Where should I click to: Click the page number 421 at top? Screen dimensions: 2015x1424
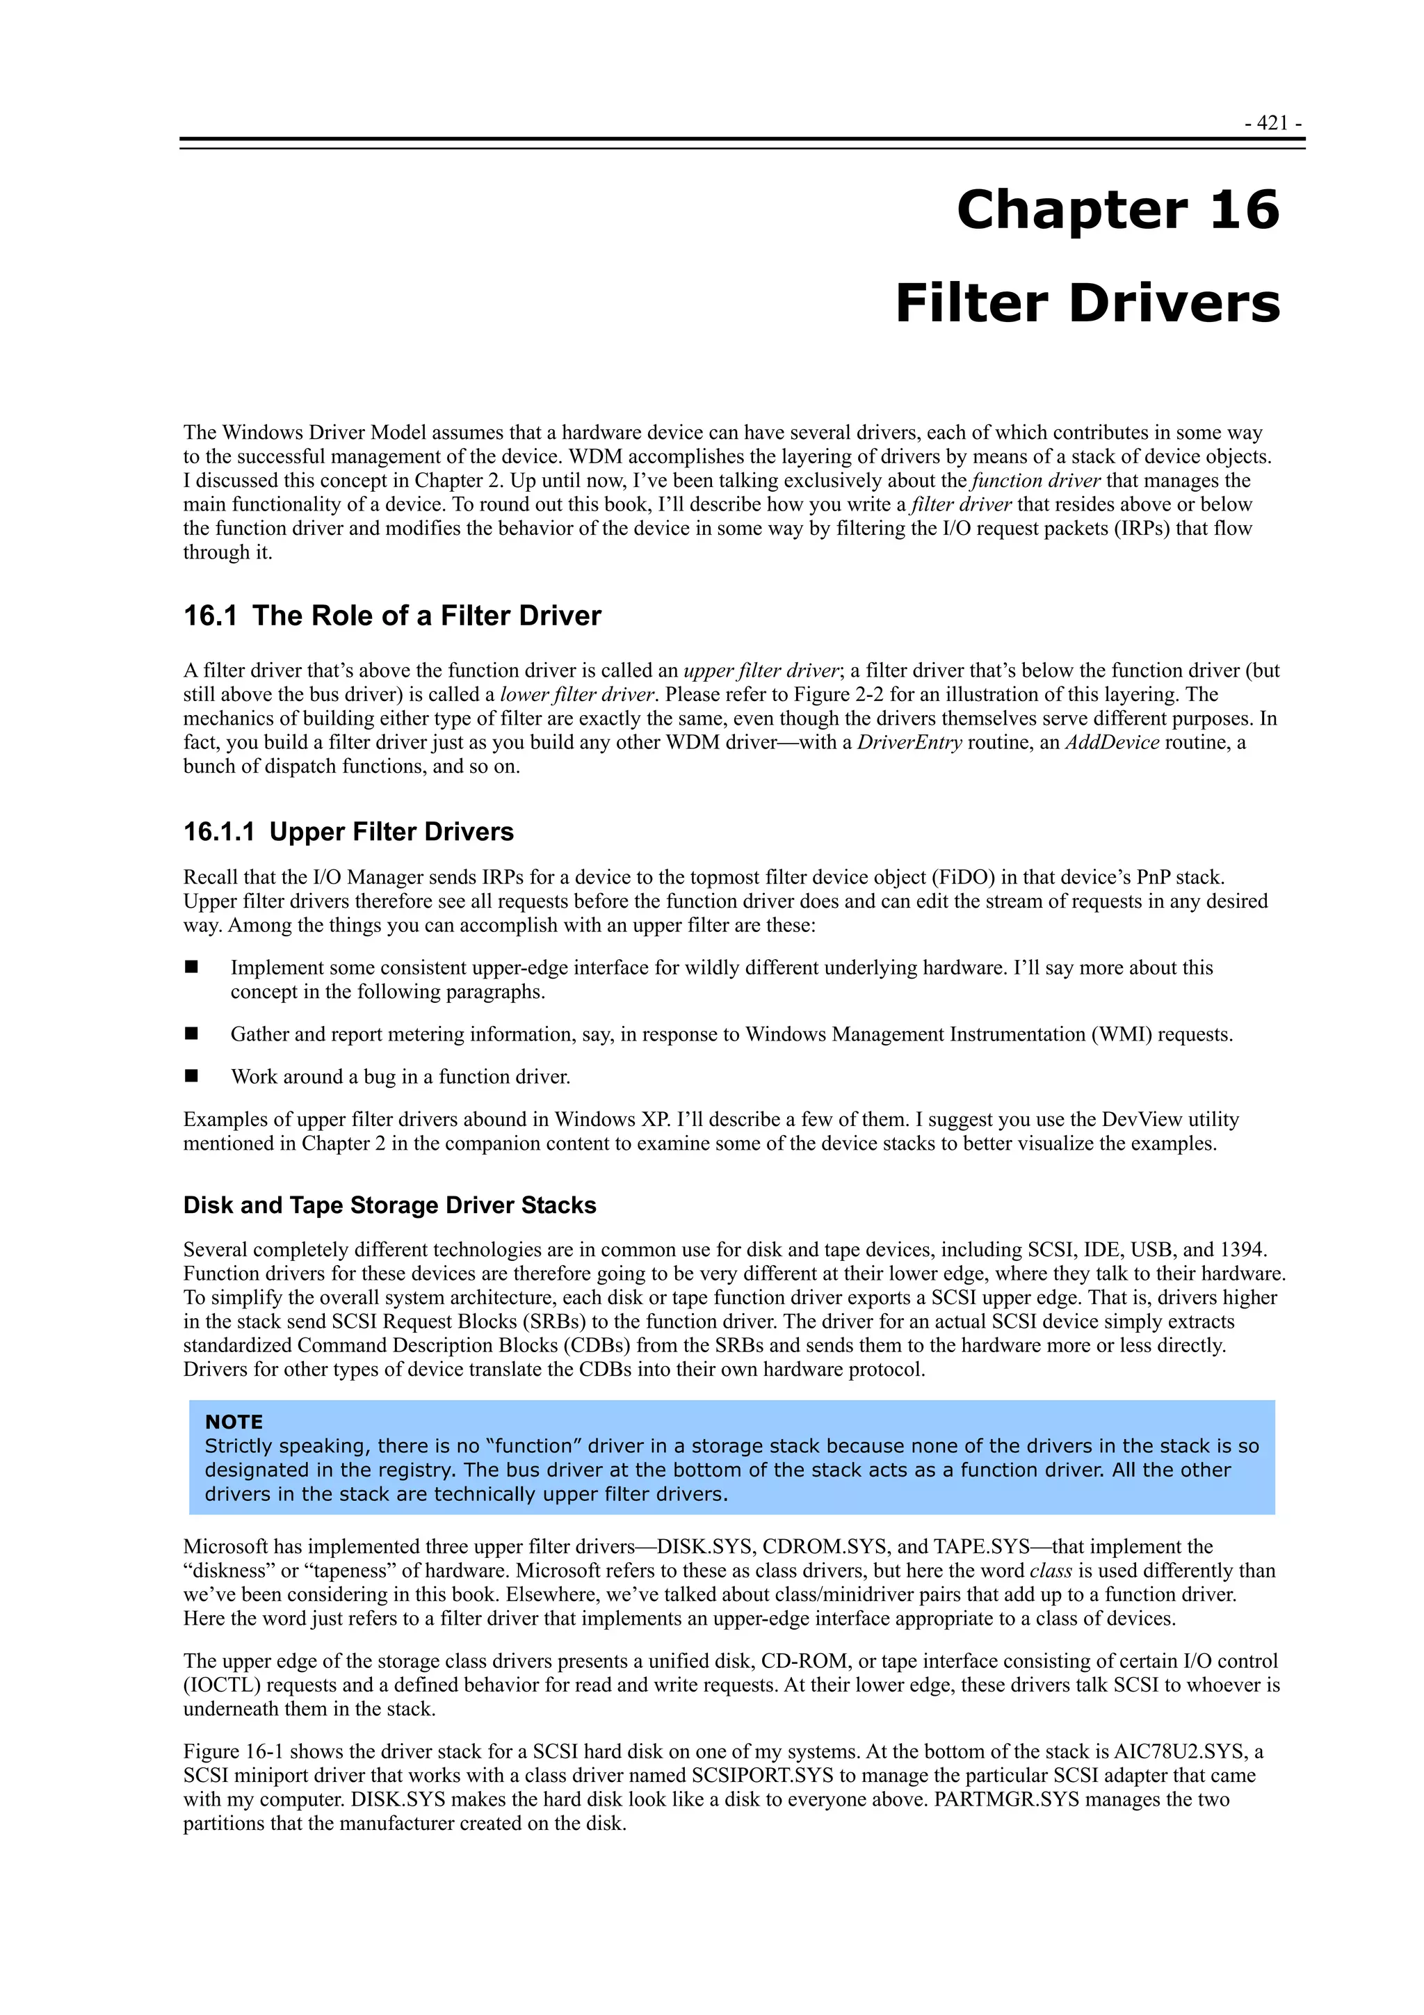tap(1272, 123)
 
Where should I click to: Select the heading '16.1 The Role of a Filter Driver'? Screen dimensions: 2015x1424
tap(391, 616)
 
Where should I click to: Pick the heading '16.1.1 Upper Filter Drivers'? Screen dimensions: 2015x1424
tap(348, 832)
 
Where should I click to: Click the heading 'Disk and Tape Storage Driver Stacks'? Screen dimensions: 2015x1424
tap(389, 1205)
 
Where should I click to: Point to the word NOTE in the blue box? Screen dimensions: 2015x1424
tap(234, 1422)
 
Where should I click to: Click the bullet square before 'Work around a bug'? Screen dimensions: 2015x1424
tap(191, 1076)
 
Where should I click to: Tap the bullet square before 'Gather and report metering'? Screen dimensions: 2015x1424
tap(191, 1034)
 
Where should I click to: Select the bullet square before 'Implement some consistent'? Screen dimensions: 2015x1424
tap(191, 967)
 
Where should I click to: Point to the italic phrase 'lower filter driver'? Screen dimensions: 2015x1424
tap(577, 694)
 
